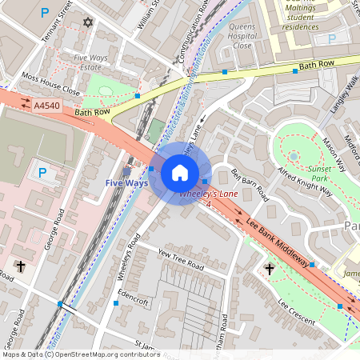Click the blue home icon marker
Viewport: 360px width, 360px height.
click(x=180, y=172)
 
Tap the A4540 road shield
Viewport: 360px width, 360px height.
click(x=46, y=105)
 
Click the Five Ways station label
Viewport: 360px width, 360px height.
click(x=126, y=183)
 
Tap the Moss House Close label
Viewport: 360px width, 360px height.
click(x=51, y=85)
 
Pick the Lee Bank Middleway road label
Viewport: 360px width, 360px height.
click(x=277, y=242)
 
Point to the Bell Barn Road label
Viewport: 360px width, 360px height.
click(x=249, y=186)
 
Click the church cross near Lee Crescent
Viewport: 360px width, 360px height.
click(x=269, y=270)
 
